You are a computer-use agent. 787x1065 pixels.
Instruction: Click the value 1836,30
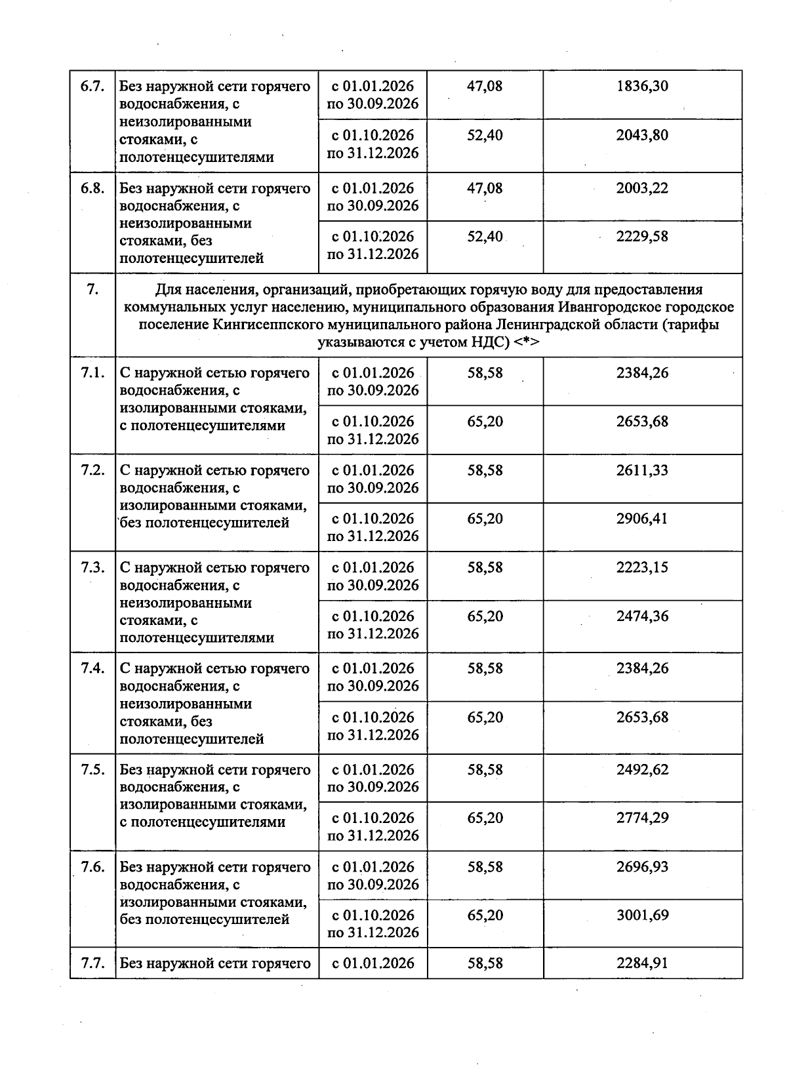tap(642, 87)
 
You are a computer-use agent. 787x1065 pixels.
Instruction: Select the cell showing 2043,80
tap(642, 135)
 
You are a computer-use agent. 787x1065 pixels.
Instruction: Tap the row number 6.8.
tap(92, 189)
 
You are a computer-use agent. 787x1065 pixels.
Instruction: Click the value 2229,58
tap(642, 237)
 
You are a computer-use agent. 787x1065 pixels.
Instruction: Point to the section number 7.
tap(92, 290)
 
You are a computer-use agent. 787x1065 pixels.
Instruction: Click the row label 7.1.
tap(92, 373)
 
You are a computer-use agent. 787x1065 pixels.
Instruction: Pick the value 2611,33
tap(642, 471)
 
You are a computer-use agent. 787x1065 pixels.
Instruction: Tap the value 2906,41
tap(642, 519)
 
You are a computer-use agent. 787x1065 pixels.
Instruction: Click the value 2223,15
tap(642, 568)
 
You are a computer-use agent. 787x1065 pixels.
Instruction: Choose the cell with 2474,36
tap(642, 616)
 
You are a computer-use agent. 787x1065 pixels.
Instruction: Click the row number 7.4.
tap(92, 669)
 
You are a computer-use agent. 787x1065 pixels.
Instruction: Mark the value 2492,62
tap(642, 770)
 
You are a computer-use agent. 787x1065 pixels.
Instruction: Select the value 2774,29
tap(642, 818)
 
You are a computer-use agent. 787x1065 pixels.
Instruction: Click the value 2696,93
tap(642, 868)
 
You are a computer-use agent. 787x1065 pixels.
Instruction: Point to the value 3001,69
tap(642, 915)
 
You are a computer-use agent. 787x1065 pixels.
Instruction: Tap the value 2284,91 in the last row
tap(642, 964)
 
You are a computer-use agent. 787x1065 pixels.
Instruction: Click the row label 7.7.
tap(92, 964)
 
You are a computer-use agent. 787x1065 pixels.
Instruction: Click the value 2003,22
tap(642, 189)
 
